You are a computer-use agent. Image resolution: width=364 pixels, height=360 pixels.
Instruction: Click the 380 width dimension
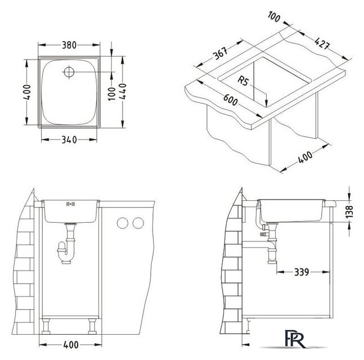click(x=69, y=45)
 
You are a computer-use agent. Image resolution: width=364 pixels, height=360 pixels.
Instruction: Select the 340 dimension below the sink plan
click(x=69, y=139)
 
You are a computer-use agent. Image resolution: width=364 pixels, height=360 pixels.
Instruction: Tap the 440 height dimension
click(x=123, y=91)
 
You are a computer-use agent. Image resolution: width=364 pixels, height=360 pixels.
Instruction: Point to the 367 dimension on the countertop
click(x=220, y=53)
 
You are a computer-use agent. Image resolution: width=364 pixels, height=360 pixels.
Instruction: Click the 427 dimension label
click(x=322, y=43)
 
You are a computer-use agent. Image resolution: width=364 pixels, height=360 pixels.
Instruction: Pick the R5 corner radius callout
click(x=243, y=81)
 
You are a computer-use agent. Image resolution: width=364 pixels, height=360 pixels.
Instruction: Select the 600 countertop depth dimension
click(x=230, y=100)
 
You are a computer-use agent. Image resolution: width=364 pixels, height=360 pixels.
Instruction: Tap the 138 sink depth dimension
click(x=349, y=211)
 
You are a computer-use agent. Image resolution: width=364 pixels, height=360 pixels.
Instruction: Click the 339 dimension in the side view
click(x=302, y=272)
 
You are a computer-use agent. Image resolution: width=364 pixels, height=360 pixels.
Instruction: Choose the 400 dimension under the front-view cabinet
click(x=71, y=345)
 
